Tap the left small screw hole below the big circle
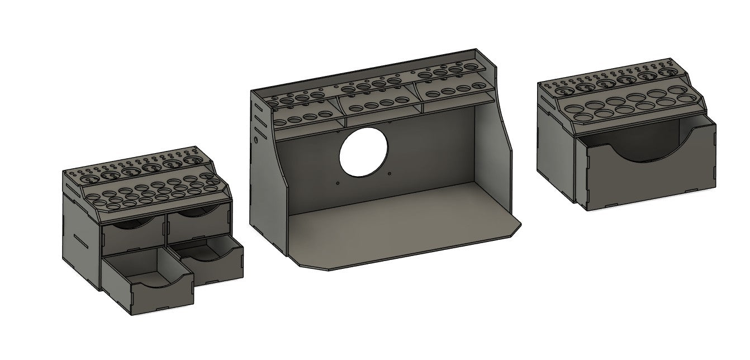(338, 183)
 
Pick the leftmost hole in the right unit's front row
(574, 107)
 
